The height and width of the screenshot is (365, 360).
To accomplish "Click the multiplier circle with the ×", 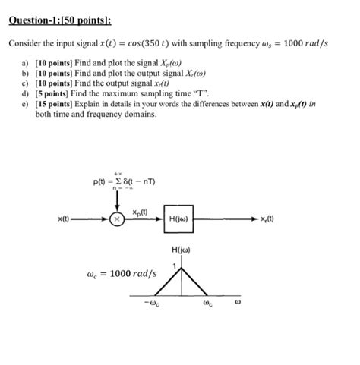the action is pyautogui.click(x=118, y=221).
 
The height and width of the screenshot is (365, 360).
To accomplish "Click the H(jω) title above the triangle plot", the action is pyautogui.click(x=180, y=251).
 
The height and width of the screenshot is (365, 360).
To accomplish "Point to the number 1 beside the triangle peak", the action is pyautogui.click(x=174, y=265).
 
